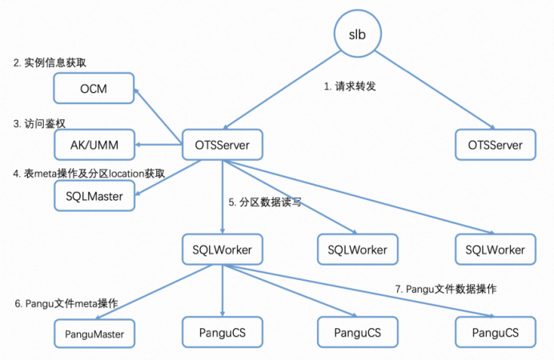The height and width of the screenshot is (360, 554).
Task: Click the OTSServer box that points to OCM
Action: (x=222, y=145)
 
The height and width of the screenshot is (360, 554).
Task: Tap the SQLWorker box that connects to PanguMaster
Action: (x=222, y=250)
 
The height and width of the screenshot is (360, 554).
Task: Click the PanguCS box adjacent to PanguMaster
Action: (x=221, y=330)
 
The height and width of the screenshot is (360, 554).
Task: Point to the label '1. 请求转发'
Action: (x=350, y=86)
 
